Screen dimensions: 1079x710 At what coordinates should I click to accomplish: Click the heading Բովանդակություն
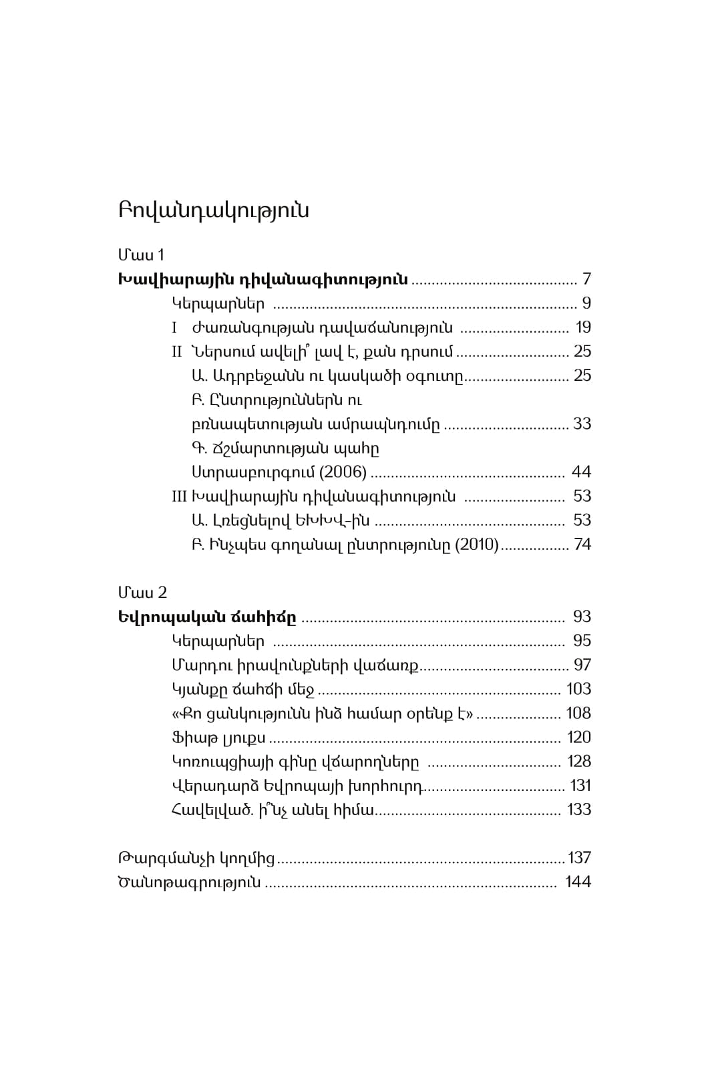pos(214,210)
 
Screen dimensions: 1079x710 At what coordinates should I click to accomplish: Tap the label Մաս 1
pos(141,255)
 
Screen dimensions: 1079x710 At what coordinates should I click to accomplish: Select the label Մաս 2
pos(142,593)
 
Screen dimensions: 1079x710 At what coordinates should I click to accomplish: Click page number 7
pos(586,279)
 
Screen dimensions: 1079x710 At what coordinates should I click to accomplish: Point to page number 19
pos(583,327)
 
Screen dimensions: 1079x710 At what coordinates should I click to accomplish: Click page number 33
pos(582,424)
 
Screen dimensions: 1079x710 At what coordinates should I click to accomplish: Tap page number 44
pos(582,472)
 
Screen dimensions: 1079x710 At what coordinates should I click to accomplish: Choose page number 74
pos(582,545)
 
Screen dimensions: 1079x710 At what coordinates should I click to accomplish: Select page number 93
pos(582,617)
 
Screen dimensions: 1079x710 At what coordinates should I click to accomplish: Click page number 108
pos(578,713)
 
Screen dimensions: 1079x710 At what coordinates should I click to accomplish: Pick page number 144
pos(578,882)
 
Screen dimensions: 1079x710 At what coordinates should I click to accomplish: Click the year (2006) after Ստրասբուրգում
pos(343,472)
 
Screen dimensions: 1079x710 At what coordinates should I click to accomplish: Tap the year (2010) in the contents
pos(476,545)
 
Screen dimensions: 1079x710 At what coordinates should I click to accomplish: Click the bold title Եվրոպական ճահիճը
pos(207,617)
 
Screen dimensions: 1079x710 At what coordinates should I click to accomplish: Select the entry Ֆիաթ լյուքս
pos(218,738)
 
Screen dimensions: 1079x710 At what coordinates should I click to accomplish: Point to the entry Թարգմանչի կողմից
pos(196,858)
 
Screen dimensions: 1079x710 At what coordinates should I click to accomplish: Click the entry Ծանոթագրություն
pos(189,882)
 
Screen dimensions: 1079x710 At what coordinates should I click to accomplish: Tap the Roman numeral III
pos(179,496)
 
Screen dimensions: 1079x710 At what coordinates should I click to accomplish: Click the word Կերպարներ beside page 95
pos(218,641)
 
